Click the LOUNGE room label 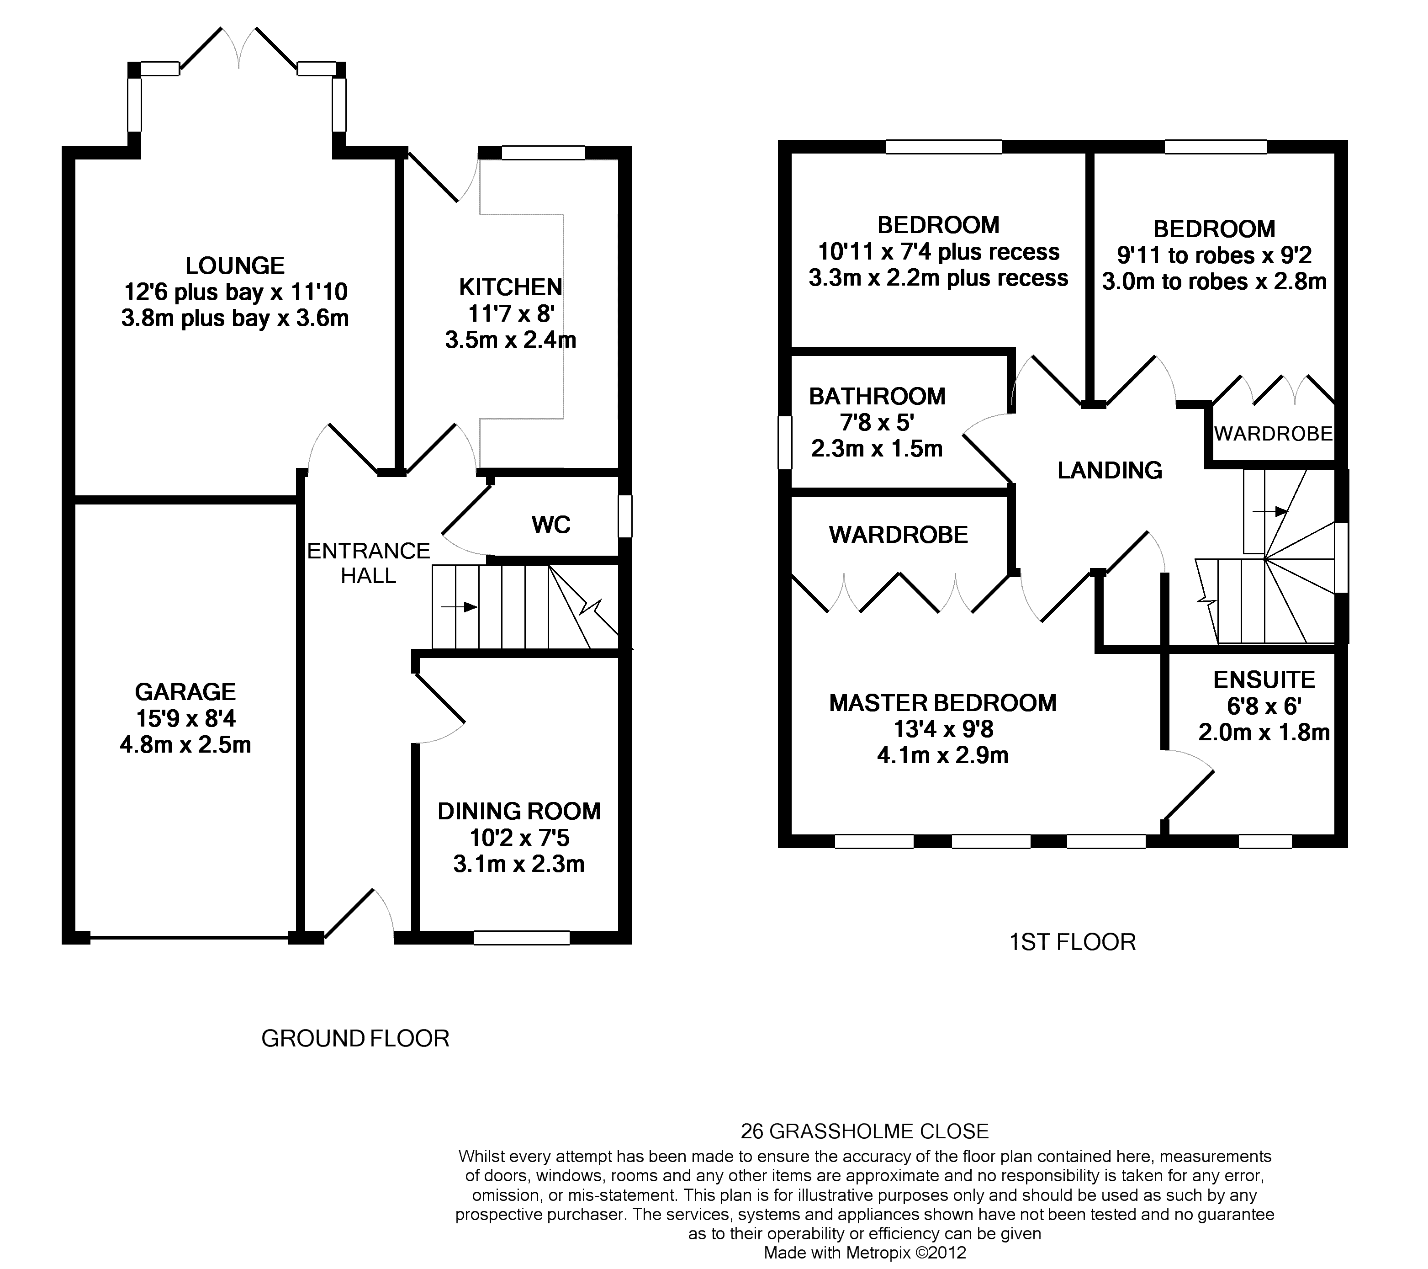pyautogui.click(x=235, y=265)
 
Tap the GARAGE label pyautogui.click(x=185, y=692)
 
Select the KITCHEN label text pyautogui.click(x=511, y=287)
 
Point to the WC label pyautogui.click(x=551, y=525)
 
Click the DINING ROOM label pyautogui.click(x=519, y=811)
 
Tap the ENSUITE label pyautogui.click(x=1264, y=680)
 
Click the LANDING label pyautogui.click(x=1110, y=470)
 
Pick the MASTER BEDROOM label pyautogui.click(x=943, y=703)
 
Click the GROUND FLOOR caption pyautogui.click(x=355, y=1038)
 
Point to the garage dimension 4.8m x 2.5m pyautogui.click(x=185, y=745)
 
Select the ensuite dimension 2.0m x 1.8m pyautogui.click(x=1264, y=733)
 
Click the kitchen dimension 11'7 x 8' pyautogui.click(x=511, y=314)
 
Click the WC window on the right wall pyautogui.click(x=626, y=516)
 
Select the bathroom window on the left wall pyautogui.click(x=785, y=442)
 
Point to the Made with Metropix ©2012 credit pyautogui.click(x=865, y=1252)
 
